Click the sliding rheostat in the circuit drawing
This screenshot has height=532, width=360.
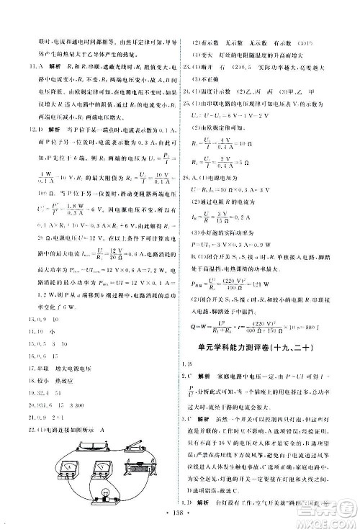point(140,469)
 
